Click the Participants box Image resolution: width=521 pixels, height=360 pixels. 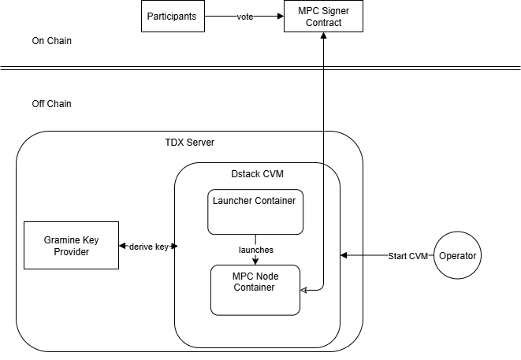(x=173, y=17)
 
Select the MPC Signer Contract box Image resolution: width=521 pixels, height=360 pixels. (x=323, y=17)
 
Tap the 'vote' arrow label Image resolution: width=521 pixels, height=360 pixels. (x=245, y=17)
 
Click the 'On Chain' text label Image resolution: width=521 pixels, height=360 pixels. (x=51, y=41)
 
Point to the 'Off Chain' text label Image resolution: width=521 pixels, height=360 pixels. (x=51, y=104)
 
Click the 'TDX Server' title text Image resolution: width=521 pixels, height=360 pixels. (x=190, y=143)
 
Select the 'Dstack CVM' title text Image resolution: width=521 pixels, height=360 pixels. (x=257, y=174)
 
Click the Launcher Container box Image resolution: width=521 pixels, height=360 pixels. (x=255, y=212)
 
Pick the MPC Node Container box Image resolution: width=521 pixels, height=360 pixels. (x=255, y=290)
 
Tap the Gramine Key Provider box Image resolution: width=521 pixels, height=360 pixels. (x=71, y=246)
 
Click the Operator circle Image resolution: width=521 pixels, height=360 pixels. (x=457, y=255)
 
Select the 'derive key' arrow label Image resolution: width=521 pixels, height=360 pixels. (x=148, y=247)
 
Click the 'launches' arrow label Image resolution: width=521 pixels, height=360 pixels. (x=256, y=250)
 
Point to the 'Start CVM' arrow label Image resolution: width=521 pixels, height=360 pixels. (x=408, y=256)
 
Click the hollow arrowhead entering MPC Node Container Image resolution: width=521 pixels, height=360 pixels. (x=303, y=290)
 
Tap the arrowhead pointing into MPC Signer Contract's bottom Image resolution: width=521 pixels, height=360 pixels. (x=323, y=35)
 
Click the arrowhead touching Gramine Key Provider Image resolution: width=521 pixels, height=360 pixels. (x=122, y=246)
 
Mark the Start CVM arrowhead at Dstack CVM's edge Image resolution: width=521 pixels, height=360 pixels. (x=344, y=255)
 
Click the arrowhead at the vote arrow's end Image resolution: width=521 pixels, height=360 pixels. (x=281, y=17)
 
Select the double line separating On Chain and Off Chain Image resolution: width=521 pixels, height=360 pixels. (x=260, y=68)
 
